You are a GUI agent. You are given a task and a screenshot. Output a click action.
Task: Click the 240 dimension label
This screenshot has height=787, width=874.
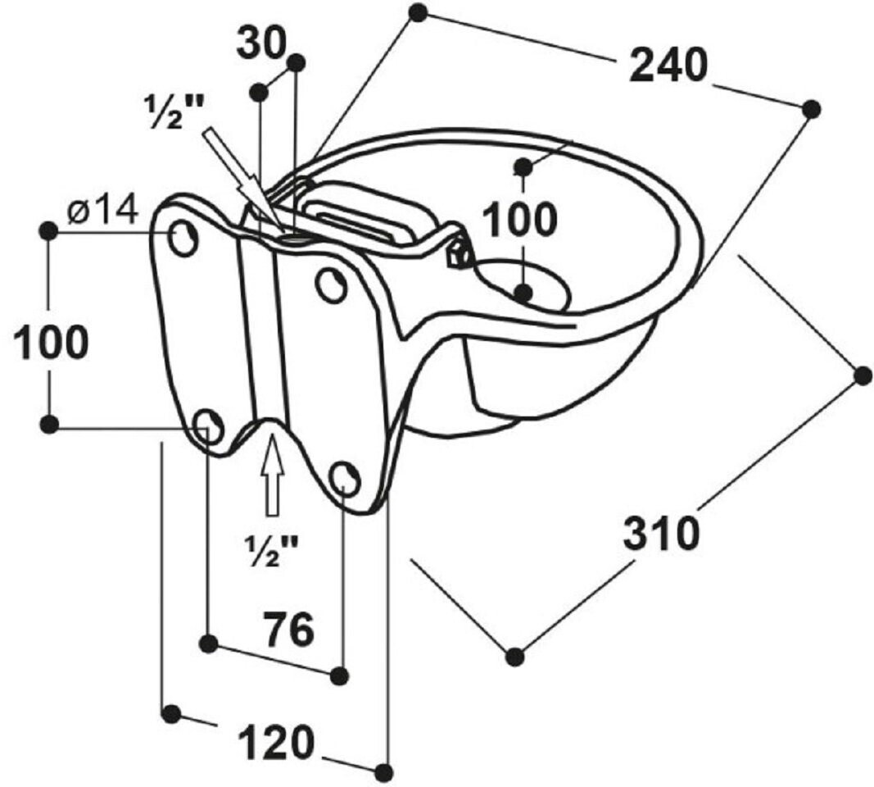click(668, 66)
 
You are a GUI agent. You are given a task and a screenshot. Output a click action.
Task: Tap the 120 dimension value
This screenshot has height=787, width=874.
click(276, 743)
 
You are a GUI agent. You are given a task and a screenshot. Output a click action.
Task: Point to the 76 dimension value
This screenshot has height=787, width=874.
click(289, 630)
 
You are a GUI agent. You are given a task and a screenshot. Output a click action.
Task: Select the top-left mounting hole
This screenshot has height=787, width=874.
click(183, 238)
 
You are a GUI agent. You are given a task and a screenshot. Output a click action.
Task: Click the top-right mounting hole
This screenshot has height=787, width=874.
click(330, 284)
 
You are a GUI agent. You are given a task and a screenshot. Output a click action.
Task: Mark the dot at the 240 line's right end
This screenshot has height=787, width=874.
click(811, 108)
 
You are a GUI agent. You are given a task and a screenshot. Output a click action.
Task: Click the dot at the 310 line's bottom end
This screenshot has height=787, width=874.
click(514, 656)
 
